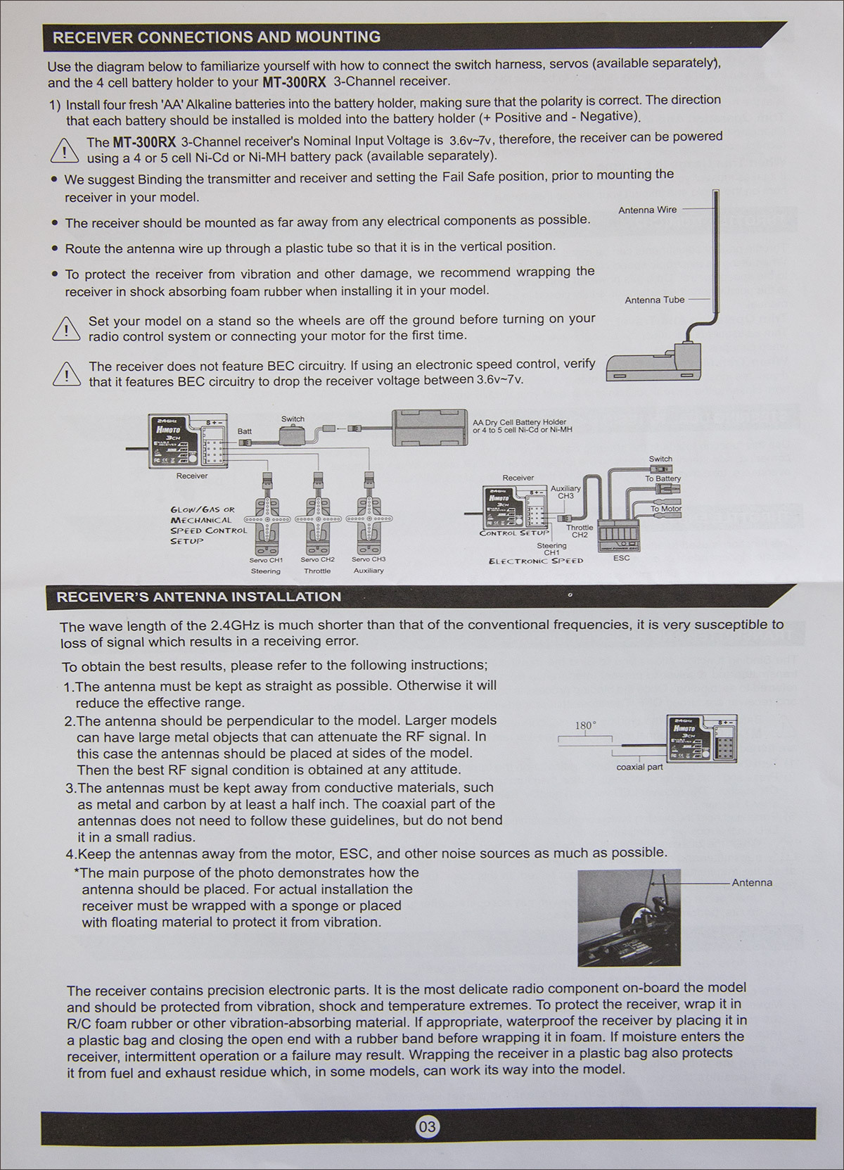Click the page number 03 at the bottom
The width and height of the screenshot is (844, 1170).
(x=427, y=1127)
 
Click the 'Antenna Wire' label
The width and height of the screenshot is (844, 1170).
(x=647, y=210)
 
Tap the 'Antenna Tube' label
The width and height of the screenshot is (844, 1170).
(x=654, y=300)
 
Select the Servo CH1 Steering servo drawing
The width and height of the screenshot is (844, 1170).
(x=267, y=521)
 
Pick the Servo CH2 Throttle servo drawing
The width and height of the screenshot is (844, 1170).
(x=317, y=521)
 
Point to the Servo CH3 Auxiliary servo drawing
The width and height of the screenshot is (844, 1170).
(x=368, y=521)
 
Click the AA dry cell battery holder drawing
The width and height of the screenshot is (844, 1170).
(x=430, y=426)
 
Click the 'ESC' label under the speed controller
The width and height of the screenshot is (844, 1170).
(x=621, y=558)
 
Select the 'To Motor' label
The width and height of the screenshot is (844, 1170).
(x=665, y=509)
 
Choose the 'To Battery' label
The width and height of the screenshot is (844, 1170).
(x=663, y=478)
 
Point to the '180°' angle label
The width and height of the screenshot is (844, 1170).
(x=585, y=725)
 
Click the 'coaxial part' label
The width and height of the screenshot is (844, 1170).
(x=639, y=767)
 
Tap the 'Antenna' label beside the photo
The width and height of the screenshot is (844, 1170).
(x=752, y=882)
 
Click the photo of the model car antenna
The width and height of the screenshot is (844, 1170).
(x=629, y=917)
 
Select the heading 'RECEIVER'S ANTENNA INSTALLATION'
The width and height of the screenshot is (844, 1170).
(x=198, y=597)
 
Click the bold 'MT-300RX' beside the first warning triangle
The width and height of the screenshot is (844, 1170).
(x=144, y=142)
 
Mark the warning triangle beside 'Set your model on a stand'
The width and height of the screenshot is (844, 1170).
(x=66, y=329)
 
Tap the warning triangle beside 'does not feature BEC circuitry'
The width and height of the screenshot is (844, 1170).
(x=66, y=374)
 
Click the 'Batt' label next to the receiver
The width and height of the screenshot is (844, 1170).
(x=244, y=431)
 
